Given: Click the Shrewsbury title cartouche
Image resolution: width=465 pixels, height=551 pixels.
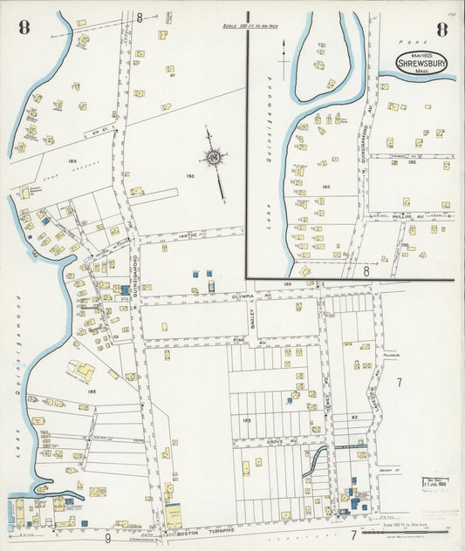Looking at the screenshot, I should click(417, 63).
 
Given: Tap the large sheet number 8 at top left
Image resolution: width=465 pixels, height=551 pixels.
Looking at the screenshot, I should click(24, 27).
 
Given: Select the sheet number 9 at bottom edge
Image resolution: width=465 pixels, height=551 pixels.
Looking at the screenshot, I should click(108, 538).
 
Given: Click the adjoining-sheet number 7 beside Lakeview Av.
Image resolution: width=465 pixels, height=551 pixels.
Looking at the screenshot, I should click(399, 383).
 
